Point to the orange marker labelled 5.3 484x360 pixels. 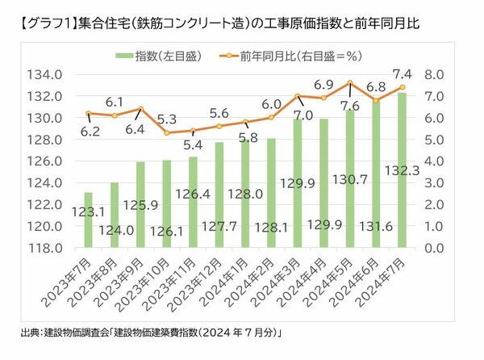point(165,132)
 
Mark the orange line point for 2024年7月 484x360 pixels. point(402,87)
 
